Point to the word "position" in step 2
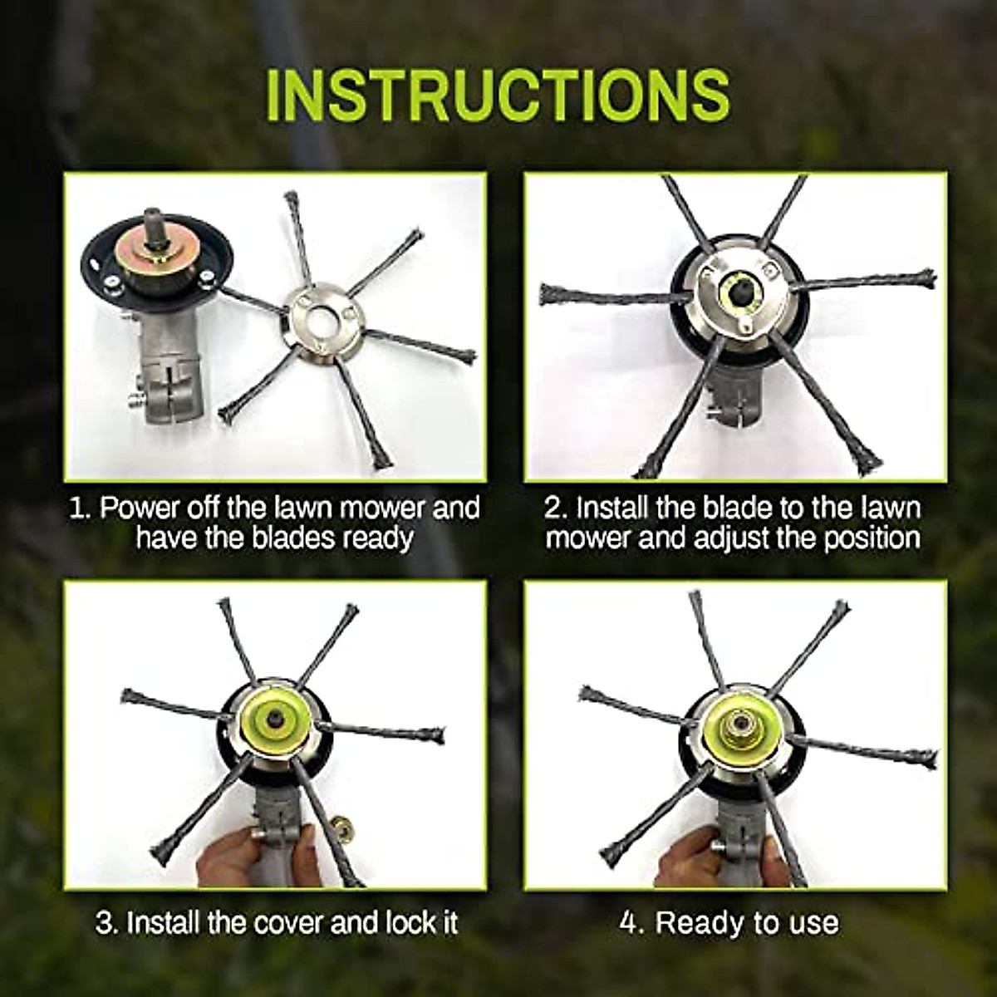(x=866, y=538)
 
